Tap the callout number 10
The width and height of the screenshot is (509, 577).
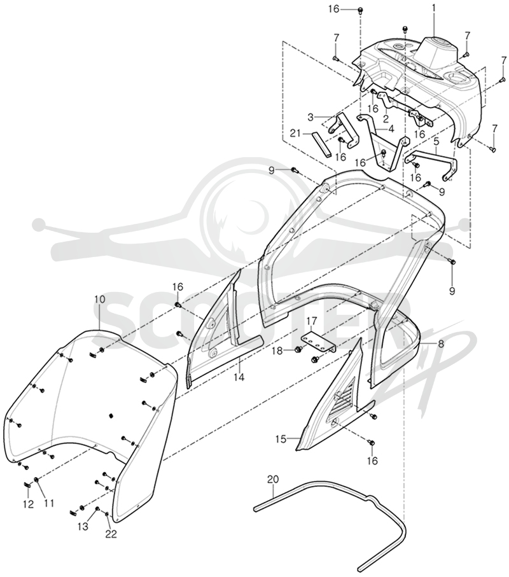100,299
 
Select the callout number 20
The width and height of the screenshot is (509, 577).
273,480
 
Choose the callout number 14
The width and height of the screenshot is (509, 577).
240,377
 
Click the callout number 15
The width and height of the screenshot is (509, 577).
281,439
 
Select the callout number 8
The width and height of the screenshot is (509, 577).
430,344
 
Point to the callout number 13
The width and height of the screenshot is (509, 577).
83,526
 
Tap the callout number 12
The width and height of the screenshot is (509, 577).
28,503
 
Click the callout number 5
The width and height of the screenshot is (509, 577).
436,141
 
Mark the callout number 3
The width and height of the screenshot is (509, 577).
310,118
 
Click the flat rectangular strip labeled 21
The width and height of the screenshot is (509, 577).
319,144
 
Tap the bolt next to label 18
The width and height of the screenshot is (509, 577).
298,349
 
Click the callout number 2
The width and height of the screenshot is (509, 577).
386,118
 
